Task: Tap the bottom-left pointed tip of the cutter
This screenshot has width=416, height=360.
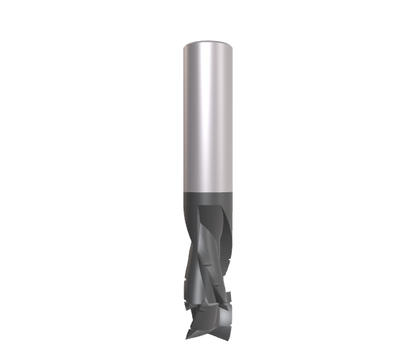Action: [188, 336]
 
